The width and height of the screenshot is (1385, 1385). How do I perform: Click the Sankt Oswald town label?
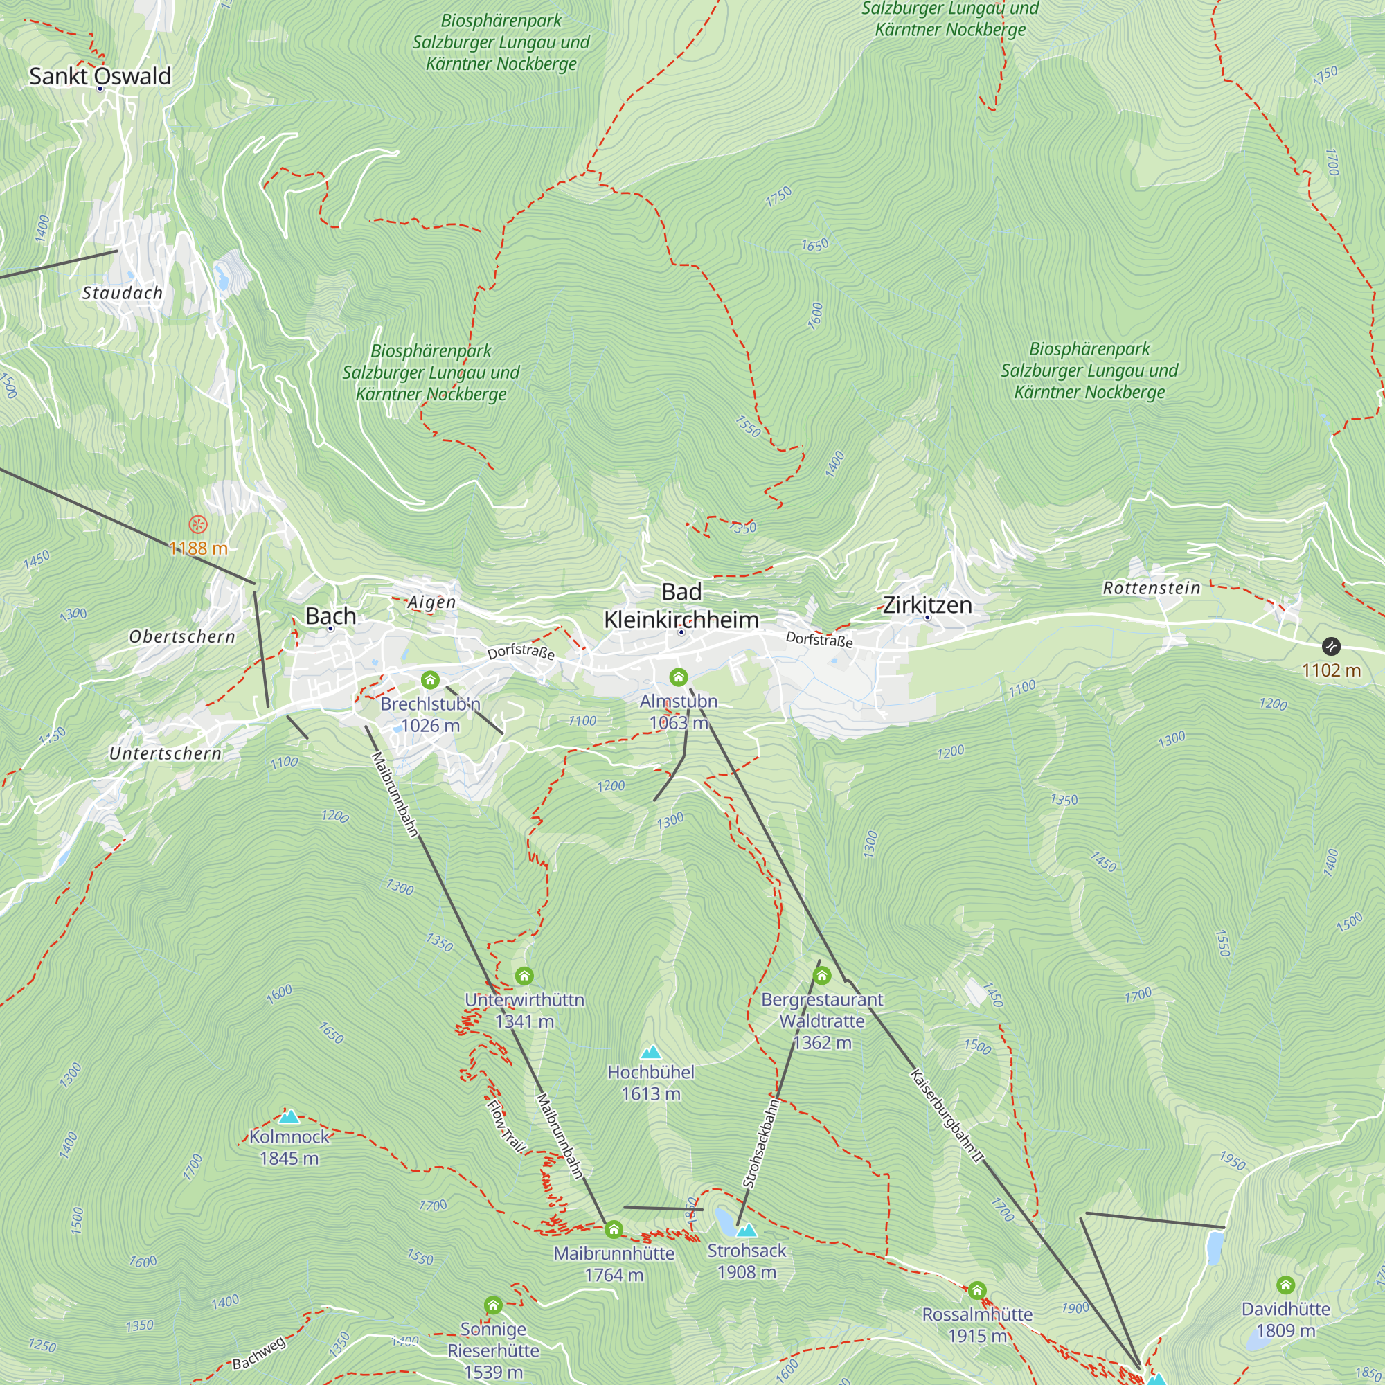click(x=100, y=76)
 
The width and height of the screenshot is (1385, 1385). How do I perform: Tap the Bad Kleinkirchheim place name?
click(x=681, y=606)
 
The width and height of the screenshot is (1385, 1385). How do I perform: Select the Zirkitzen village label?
click(x=927, y=605)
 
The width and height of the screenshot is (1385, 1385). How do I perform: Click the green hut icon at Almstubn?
click(x=678, y=677)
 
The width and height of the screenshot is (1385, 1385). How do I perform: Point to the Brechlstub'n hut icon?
click(x=430, y=679)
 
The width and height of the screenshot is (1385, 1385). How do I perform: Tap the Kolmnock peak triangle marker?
click(x=289, y=1116)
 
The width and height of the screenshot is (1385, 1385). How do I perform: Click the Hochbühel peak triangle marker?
click(x=650, y=1052)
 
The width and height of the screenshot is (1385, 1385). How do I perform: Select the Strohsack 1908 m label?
click(x=747, y=1261)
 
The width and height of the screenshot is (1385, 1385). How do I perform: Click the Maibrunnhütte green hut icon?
click(x=614, y=1230)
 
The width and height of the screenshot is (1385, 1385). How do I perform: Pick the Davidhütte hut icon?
click(x=1285, y=1285)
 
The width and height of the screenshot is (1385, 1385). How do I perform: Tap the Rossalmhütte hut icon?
click(x=977, y=1291)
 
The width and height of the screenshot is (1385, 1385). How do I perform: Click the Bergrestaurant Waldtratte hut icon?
click(x=822, y=975)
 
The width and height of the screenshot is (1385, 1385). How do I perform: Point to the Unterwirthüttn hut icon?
click(x=524, y=976)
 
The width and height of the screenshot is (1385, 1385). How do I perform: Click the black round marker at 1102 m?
click(x=1331, y=646)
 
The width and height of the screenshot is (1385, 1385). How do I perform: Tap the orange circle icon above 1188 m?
click(x=198, y=525)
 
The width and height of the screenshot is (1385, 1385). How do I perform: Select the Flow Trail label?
click(x=506, y=1126)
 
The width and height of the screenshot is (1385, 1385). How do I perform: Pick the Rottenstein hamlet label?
click(x=1152, y=588)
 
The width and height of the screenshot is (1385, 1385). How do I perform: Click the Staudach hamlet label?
click(x=123, y=292)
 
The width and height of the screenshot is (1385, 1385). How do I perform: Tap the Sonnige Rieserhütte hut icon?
click(x=493, y=1305)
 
